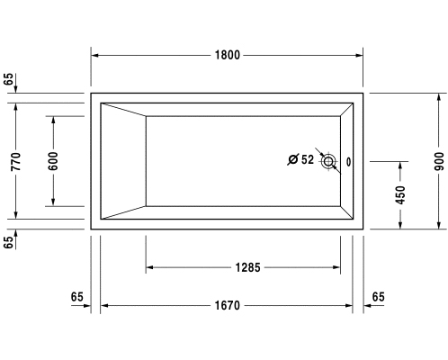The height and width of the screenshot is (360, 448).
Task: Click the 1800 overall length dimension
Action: pyautogui.click(x=228, y=55)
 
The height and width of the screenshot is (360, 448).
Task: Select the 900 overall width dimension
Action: pyautogui.click(x=439, y=161)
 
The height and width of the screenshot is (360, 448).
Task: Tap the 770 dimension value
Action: pyautogui.click(x=16, y=162)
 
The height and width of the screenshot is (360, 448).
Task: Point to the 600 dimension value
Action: pyautogui.click(x=53, y=161)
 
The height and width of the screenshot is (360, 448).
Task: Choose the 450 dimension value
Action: pyautogui.click(x=400, y=195)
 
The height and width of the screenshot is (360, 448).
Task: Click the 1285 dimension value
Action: pyautogui.click(x=248, y=267)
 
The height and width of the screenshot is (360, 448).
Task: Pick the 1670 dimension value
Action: pyautogui.click(x=228, y=305)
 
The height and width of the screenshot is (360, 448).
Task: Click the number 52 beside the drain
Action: pyautogui.click(x=308, y=159)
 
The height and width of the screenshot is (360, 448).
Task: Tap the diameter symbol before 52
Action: pyautogui.click(x=293, y=159)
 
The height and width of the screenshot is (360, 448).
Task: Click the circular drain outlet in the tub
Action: pyautogui.click(x=328, y=161)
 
